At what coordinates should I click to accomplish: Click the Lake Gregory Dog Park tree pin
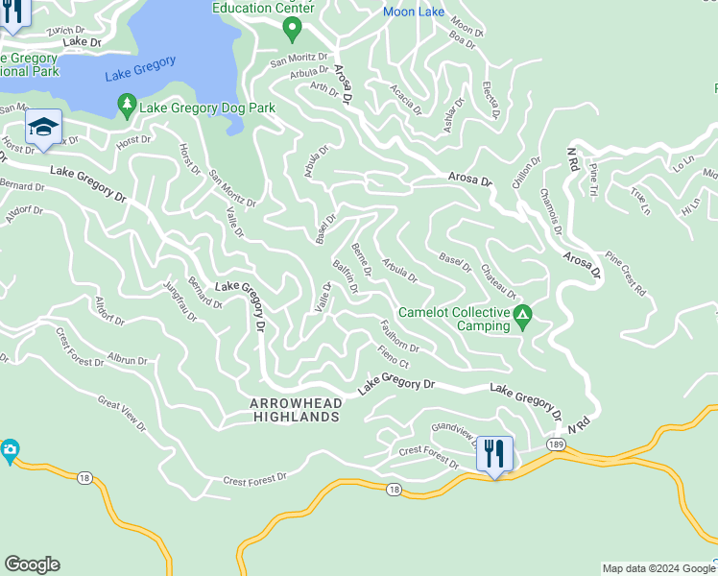coord(126,105)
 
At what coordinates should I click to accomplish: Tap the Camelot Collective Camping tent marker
coord(522,317)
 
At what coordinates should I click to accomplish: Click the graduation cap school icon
coord(43,128)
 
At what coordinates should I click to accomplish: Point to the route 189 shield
coord(556,444)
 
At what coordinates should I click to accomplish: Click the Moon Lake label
coord(413,12)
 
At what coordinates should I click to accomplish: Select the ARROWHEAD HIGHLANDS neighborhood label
coord(295,410)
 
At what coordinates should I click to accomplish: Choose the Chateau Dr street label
coord(499,281)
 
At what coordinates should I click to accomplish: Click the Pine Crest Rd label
coord(626,275)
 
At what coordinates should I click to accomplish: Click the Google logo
coord(33,564)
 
